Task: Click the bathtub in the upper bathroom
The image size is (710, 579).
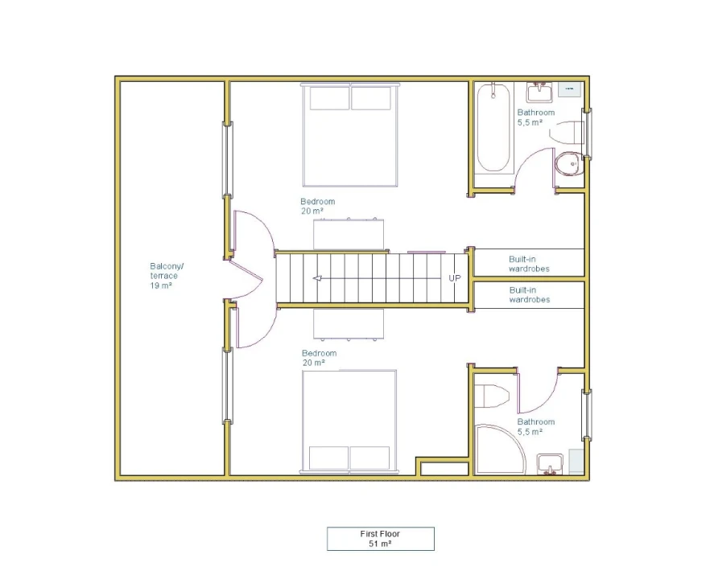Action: (493, 128)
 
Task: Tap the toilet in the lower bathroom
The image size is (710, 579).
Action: (491, 396)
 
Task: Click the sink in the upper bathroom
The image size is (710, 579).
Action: (539, 92)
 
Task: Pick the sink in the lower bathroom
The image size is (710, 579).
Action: (550, 465)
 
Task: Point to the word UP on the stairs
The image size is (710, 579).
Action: (455, 277)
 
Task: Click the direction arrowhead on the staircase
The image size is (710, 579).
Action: (317, 278)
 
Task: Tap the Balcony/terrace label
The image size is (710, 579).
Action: (167, 276)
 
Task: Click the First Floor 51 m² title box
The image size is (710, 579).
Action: (380, 539)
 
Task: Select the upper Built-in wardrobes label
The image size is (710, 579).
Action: (529, 264)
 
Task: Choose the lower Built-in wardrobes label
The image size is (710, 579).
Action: (530, 294)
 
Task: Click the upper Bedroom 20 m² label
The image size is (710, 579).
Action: (318, 206)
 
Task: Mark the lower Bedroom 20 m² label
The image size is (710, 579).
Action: (320, 358)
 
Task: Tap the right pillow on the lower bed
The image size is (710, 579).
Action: (369, 458)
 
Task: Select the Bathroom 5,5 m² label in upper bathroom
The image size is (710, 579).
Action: (536, 117)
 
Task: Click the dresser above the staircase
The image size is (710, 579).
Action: (349, 234)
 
